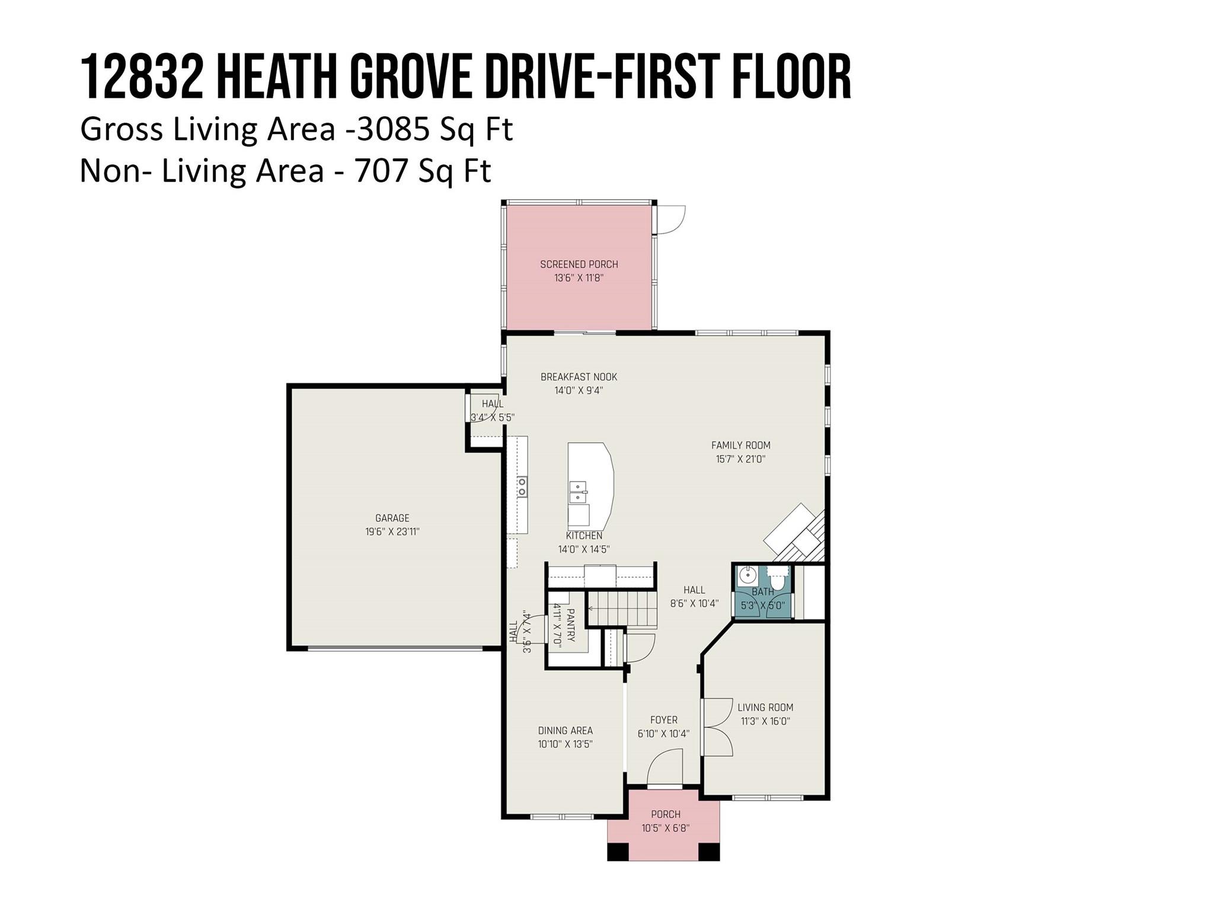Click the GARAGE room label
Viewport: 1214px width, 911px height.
click(392, 518)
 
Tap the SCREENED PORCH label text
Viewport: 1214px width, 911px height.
click(579, 265)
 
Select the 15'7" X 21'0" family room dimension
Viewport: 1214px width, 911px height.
click(740, 459)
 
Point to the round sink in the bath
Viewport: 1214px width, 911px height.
click(748, 575)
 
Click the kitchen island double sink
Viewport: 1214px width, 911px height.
click(578, 492)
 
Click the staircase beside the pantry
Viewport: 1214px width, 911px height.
click(622, 609)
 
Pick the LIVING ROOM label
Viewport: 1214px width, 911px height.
click(765, 707)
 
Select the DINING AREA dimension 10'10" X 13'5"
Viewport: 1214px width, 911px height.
click(565, 744)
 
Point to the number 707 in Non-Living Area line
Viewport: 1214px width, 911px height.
click(381, 171)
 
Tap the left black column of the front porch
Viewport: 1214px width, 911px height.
click(618, 851)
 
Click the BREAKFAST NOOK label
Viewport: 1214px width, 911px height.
click(579, 377)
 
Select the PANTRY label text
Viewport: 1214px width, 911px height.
click(570, 625)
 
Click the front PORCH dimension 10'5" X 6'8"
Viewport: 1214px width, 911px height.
click(665, 828)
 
